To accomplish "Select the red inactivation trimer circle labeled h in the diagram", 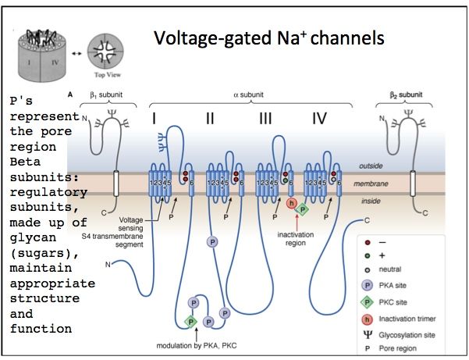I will [291, 204].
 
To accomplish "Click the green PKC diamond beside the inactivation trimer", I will [304, 209].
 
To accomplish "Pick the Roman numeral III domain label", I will [265, 119].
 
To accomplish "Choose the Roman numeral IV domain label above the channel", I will [319, 119].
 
